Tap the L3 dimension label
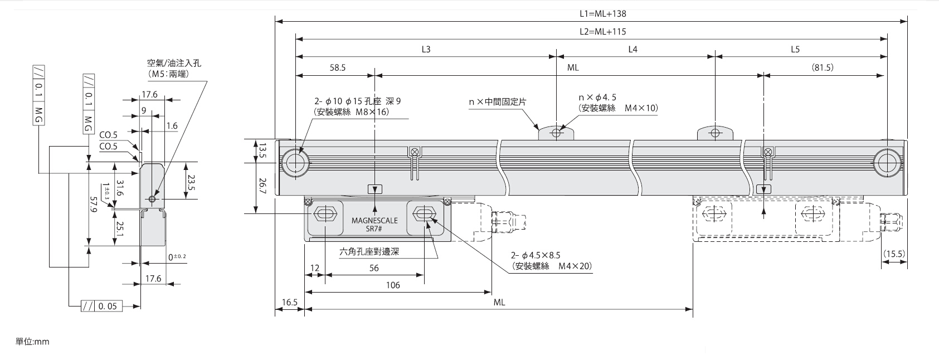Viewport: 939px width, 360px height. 426,49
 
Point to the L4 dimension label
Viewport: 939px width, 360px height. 633,49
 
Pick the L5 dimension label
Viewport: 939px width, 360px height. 795,49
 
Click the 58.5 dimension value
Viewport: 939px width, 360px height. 338,67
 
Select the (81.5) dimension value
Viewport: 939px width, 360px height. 823,67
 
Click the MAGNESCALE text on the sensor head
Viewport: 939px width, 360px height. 374,220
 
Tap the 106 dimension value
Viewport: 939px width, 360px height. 393,285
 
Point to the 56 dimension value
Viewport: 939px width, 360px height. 374,268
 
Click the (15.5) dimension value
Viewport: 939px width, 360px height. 893,254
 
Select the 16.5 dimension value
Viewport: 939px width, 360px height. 289,302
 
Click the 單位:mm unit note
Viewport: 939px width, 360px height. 32,341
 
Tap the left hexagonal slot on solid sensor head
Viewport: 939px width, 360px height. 324,214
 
